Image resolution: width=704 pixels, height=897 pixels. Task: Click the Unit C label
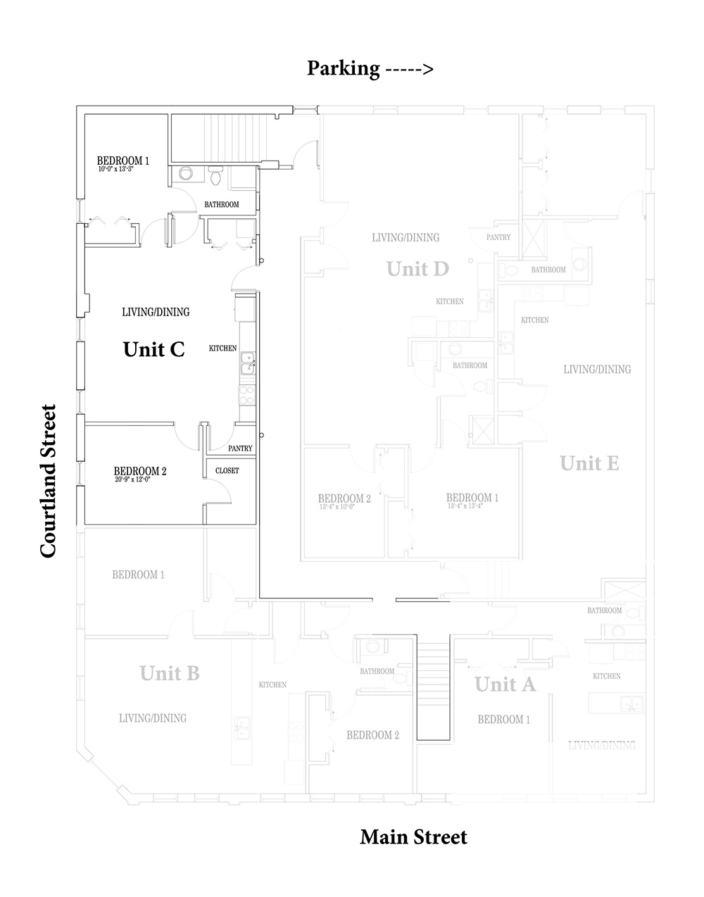pyautogui.click(x=153, y=349)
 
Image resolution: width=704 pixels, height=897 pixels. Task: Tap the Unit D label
pyautogui.click(x=417, y=268)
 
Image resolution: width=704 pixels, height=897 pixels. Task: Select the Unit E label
pyautogui.click(x=589, y=463)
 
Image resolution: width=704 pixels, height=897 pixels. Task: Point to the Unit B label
pyautogui.click(x=170, y=673)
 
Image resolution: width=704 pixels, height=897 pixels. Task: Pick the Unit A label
pyautogui.click(x=505, y=684)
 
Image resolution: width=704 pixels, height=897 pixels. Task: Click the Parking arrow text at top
pyautogui.click(x=370, y=68)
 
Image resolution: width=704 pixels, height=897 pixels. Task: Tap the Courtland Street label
pyautogui.click(x=48, y=481)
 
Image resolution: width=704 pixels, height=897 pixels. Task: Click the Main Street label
pyautogui.click(x=413, y=837)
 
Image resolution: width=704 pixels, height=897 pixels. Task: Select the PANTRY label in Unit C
pyautogui.click(x=240, y=448)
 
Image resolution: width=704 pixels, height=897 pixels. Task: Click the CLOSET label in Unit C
pyautogui.click(x=227, y=470)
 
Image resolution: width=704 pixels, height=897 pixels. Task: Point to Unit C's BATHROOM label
pyautogui.click(x=221, y=205)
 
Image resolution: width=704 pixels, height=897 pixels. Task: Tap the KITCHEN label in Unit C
pyautogui.click(x=222, y=349)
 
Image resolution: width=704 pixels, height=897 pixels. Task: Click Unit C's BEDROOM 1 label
pyautogui.click(x=123, y=160)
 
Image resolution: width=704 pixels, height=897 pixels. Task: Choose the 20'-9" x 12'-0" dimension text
pyautogui.click(x=132, y=479)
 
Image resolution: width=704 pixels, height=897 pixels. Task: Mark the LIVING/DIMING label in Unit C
pyautogui.click(x=156, y=312)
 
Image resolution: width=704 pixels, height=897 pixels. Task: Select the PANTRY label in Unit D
pyautogui.click(x=498, y=238)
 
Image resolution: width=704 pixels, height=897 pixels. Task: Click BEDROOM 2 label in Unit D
pyautogui.click(x=344, y=498)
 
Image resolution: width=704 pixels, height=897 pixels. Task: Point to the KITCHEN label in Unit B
pyautogui.click(x=272, y=684)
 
